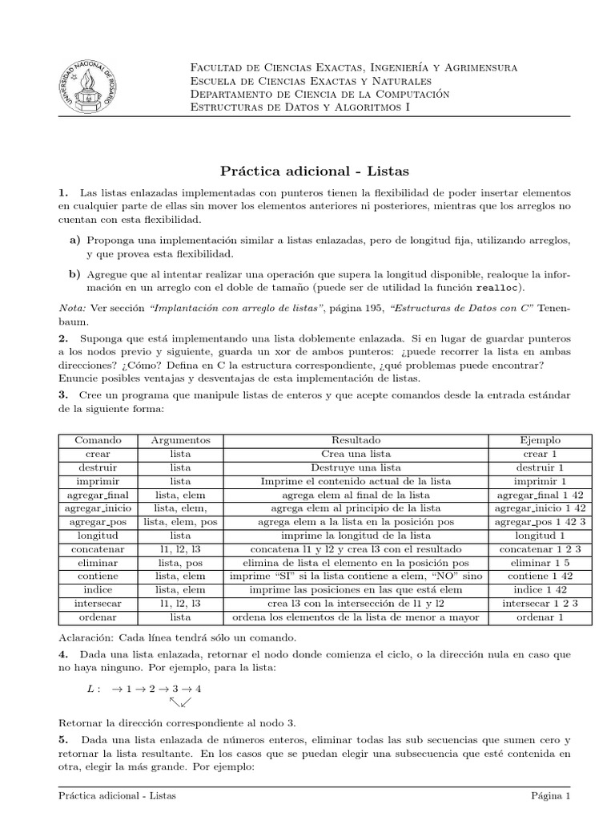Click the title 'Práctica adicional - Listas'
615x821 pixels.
(x=314, y=171)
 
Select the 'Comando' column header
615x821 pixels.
(x=98, y=440)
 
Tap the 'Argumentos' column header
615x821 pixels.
(x=180, y=440)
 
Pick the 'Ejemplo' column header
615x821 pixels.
(x=540, y=440)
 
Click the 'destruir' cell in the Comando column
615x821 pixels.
(x=98, y=467)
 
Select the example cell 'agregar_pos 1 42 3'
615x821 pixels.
(x=540, y=522)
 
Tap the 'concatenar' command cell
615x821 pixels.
(x=98, y=549)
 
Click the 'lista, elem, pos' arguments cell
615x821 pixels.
(x=180, y=522)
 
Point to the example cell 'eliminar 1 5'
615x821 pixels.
(x=540, y=563)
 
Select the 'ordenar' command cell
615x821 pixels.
(x=98, y=617)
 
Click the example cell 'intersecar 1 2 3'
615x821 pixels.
(x=540, y=604)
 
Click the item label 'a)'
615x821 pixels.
(x=75, y=240)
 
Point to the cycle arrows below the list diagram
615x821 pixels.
(x=180, y=703)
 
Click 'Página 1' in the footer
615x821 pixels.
(x=550, y=796)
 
